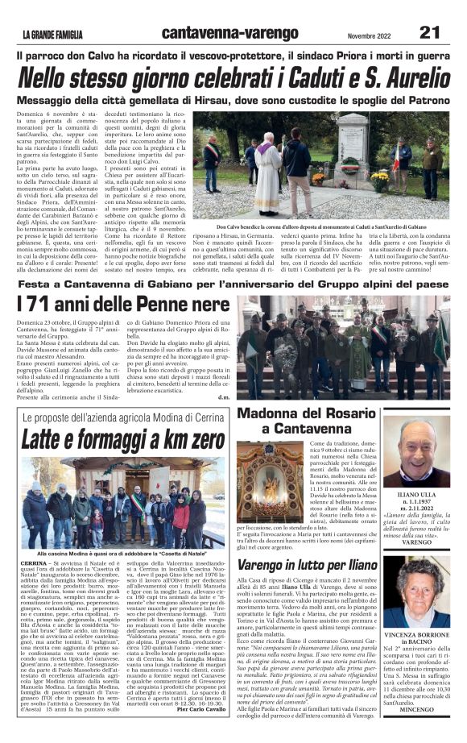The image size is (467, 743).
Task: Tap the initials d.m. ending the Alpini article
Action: coord(223,396)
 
